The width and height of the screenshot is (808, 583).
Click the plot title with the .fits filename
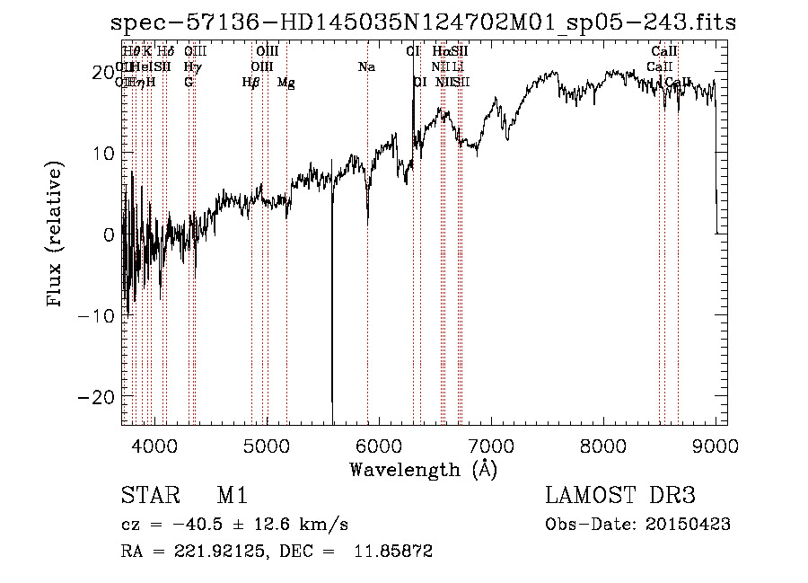click(422, 23)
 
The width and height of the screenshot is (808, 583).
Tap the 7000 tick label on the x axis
click(491, 446)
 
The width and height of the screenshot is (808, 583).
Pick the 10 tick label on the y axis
click(103, 153)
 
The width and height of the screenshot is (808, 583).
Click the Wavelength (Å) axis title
click(423, 469)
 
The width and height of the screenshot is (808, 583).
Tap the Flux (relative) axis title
click(56, 234)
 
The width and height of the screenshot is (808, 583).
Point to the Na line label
click(366, 67)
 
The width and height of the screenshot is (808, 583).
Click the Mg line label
click(286, 83)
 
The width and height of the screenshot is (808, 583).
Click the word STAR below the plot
click(146, 497)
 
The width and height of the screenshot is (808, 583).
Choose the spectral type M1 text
click(232, 497)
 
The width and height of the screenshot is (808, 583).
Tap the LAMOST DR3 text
click(620, 497)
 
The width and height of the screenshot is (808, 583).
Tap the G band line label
click(189, 83)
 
